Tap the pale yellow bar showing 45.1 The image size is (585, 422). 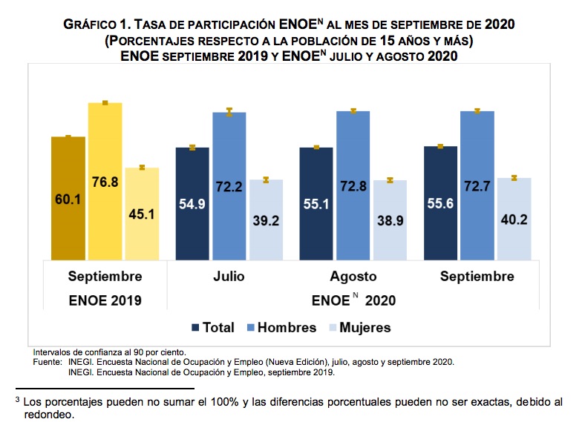pos(142,214)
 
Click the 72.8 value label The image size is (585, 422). pos(353,186)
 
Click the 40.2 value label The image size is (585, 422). pos(514,220)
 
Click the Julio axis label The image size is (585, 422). pos(229,277)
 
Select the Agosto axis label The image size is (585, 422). pos(353,277)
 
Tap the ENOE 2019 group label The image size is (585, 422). pos(105,300)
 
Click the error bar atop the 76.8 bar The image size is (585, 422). pos(105,103)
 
